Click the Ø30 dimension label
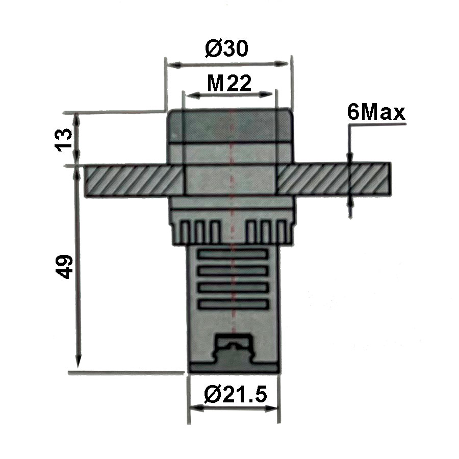click(227, 49)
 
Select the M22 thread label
click(229, 83)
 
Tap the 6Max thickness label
click(376, 113)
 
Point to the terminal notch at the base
click(234, 348)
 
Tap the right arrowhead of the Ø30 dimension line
click(284, 64)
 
